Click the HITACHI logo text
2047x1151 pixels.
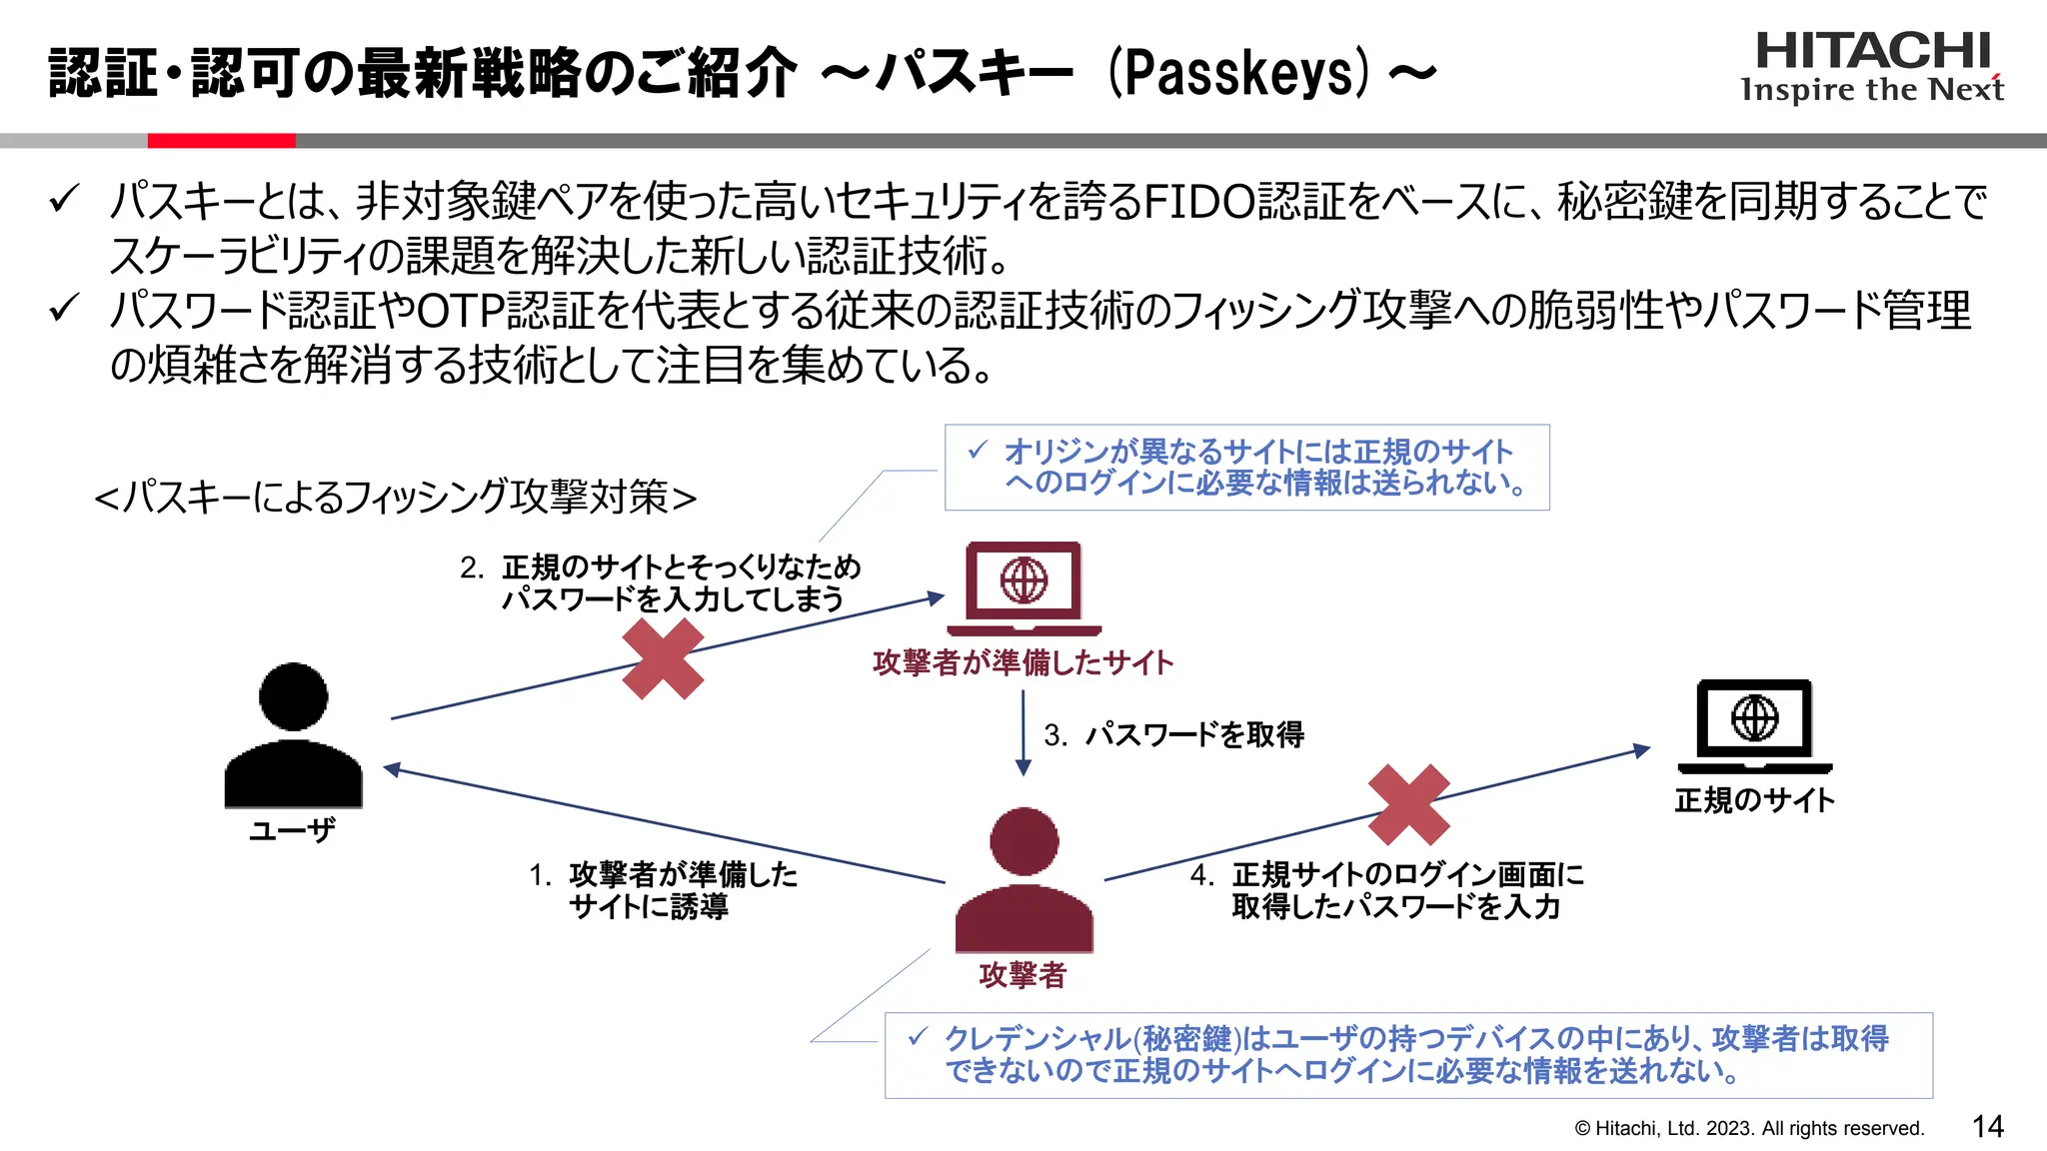click(x=1872, y=51)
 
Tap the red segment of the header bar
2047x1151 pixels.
click(x=221, y=141)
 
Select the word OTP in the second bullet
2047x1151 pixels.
click(x=461, y=311)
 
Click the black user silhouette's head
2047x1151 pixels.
click(x=293, y=696)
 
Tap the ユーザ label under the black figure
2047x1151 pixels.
click(x=292, y=830)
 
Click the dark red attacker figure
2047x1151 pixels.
click(x=1023, y=884)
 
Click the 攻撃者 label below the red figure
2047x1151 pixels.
click(x=1023, y=975)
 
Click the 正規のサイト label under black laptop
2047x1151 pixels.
click(x=1754, y=800)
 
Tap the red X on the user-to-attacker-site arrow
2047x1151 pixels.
click(x=663, y=658)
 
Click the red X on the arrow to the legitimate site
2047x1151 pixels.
click(x=1408, y=805)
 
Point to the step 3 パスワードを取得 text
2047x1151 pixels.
click(x=1193, y=735)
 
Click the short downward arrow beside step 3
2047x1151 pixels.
click(x=1023, y=734)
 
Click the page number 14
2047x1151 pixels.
click(x=1987, y=1127)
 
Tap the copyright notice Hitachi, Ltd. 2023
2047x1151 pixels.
click(x=1749, y=1129)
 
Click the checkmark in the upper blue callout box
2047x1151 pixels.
click(x=978, y=451)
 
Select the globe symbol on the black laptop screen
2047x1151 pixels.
click(x=1754, y=717)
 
